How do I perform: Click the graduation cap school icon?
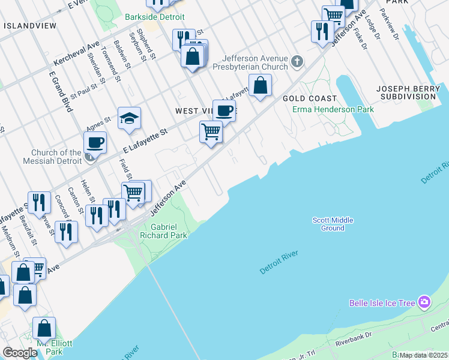coord(129,118)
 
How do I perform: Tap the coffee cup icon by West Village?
coord(224,110)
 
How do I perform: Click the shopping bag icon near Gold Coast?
coord(260,85)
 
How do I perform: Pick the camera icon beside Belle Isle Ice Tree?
coord(424,302)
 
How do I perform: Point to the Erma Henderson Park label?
coord(333,109)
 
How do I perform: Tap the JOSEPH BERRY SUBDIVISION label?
coord(411,92)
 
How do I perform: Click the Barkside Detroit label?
coord(155,17)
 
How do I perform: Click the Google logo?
coord(20,353)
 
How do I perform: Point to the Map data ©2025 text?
coord(423,355)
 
